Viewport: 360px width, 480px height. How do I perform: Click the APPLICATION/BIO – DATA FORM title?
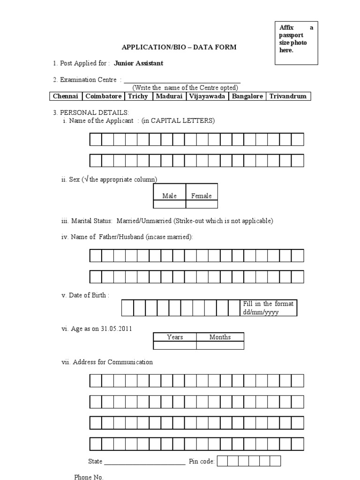point(179,47)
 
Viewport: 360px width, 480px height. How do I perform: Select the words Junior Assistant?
point(139,63)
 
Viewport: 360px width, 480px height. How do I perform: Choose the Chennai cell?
point(66,96)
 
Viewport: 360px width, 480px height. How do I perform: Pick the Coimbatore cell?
point(103,96)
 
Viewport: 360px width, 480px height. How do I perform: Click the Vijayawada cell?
point(207,96)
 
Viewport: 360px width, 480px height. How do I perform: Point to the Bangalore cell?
point(247,96)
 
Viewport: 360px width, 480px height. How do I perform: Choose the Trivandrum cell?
point(288,96)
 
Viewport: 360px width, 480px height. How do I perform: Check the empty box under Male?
point(170,204)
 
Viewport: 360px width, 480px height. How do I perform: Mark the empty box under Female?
point(202,204)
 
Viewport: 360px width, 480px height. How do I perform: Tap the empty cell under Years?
point(175,345)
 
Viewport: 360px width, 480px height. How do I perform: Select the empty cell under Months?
point(220,345)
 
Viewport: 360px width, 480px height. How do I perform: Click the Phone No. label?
point(89,477)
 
